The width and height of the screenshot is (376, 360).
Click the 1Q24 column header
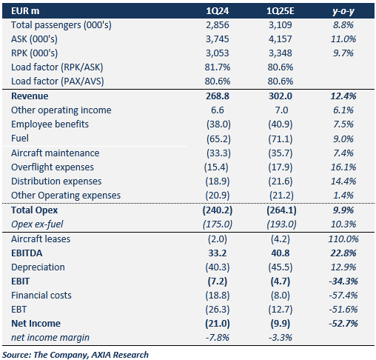click(218, 11)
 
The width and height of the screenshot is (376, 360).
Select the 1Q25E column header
click(281, 11)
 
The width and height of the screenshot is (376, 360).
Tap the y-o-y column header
click(343, 11)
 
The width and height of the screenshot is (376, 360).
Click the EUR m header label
click(25, 11)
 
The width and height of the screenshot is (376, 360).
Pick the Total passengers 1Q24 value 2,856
click(218, 25)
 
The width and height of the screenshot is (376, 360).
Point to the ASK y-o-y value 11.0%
click(343, 39)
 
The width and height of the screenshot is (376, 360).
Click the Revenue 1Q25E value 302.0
click(281, 96)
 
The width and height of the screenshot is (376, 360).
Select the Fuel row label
click(20, 139)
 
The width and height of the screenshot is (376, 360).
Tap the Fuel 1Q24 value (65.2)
click(218, 139)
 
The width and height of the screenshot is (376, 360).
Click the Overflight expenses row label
click(53, 167)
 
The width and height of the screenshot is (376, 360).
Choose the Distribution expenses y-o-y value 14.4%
click(343, 181)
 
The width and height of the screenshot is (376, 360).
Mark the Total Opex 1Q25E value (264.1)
click(281, 210)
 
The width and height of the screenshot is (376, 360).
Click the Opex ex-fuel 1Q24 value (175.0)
click(218, 224)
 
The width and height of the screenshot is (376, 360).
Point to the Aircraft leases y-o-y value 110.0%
click(343, 239)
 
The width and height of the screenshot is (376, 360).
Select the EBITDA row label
click(27, 253)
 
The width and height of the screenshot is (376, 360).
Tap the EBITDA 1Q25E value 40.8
click(281, 253)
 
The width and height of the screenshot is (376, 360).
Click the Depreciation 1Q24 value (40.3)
click(218, 267)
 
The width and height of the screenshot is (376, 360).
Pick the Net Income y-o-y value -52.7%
click(343, 324)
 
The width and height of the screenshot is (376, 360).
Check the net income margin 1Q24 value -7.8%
click(218, 338)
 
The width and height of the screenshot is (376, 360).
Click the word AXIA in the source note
click(101, 355)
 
